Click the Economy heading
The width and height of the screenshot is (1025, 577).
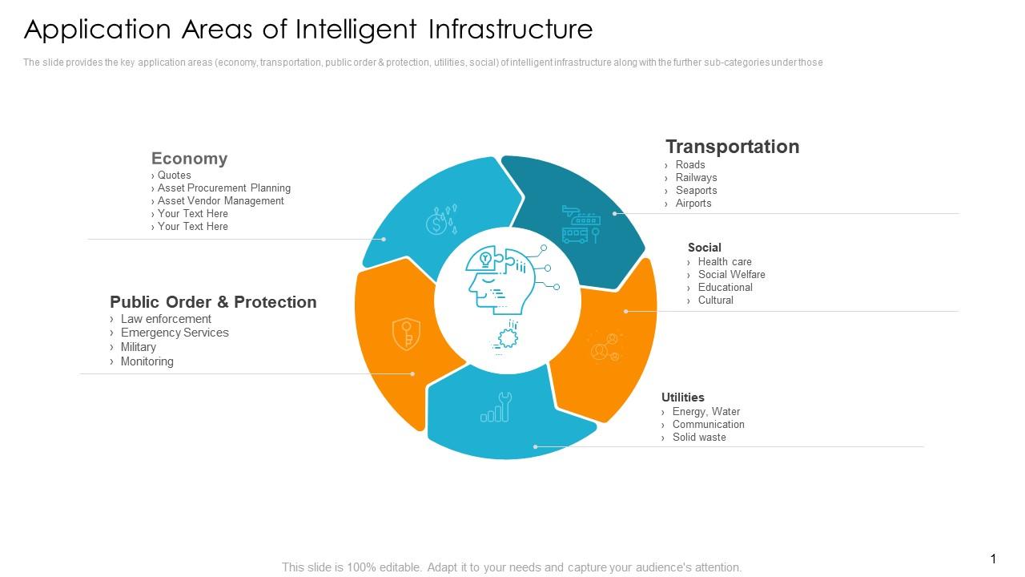tap(189, 159)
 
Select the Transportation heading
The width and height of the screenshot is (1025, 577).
tap(732, 147)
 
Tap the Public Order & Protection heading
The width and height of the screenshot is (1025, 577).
tap(213, 302)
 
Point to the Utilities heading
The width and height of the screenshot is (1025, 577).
tap(682, 397)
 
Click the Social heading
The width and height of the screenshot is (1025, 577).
tap(704, 248)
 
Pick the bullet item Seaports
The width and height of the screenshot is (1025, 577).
tap(695, 191)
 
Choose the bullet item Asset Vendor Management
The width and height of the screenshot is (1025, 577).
tap(220, 201)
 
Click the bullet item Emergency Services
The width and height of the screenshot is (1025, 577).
tap(174, 333)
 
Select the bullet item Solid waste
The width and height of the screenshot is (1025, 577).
tap(698, 438)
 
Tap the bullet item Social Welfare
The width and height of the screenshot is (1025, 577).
tap(730, 275)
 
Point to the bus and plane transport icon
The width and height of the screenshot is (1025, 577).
tap(581, 224)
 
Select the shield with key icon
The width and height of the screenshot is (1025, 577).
tap(406, 334)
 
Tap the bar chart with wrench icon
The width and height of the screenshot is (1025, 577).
tap(496, 408)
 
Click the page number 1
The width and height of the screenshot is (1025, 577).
tap(993, 559)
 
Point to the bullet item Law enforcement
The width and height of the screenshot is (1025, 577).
tap(165, 319)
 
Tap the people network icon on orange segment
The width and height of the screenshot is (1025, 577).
tap(605, 346)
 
